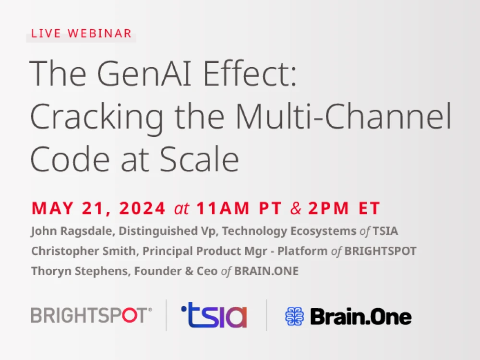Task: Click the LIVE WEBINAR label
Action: click(x=82, y=34)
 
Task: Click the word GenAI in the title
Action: click(x=144, y=73)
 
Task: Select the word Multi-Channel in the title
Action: click(x=343, y=116)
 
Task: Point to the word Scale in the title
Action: click(x=199, y=159)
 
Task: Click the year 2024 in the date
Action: click(x=143, y=208)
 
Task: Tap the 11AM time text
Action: click(x=223, y=208)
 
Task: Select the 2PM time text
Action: click(x=328, y=208)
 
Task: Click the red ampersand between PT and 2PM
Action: click(x=295, y=208)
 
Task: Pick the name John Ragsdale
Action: click(x=73, y=231)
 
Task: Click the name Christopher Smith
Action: click(x=83, y=251)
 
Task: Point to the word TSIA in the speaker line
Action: click(x=385, y=231)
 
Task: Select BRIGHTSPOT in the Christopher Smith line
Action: click(x=380, y=251)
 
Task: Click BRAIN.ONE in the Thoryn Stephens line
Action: click(x=266, y=271)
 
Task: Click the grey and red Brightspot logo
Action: click(x=91, y=315)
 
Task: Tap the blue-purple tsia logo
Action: click(x=214, y=315)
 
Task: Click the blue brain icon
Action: click(x=295, y=316)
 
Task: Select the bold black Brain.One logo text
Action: click(x=360, y=316)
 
